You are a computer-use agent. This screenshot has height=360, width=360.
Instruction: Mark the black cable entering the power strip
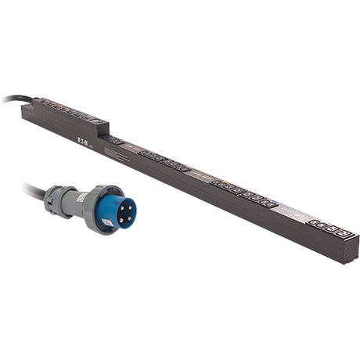tap(11, 99)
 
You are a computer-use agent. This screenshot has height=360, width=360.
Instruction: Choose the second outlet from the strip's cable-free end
tap(329, 228)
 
